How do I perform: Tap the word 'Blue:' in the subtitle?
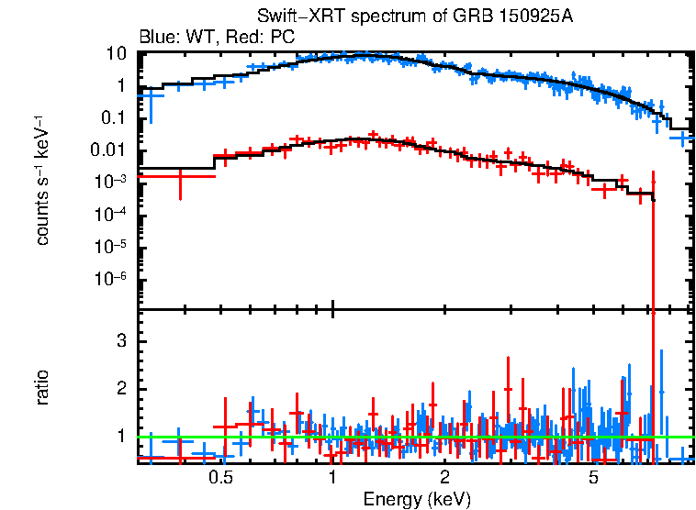coord(157,38)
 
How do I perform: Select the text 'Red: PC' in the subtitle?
coord(263,38)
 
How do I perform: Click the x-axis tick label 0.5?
coord(219,478)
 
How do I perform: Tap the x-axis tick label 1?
coord(331,478)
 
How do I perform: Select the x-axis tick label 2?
coord(444,478)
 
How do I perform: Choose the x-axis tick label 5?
coord(593,478)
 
